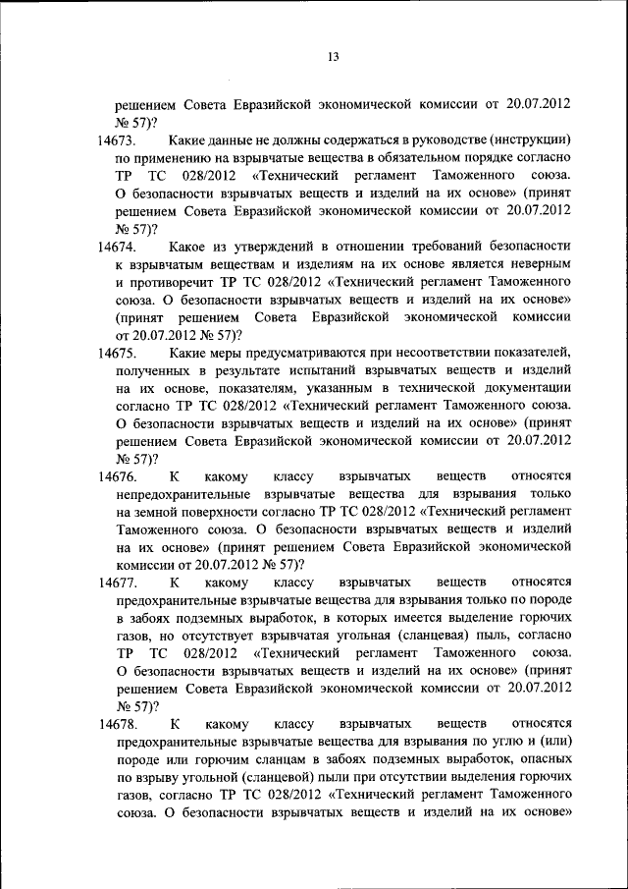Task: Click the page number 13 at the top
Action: click(x=333, y=57)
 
